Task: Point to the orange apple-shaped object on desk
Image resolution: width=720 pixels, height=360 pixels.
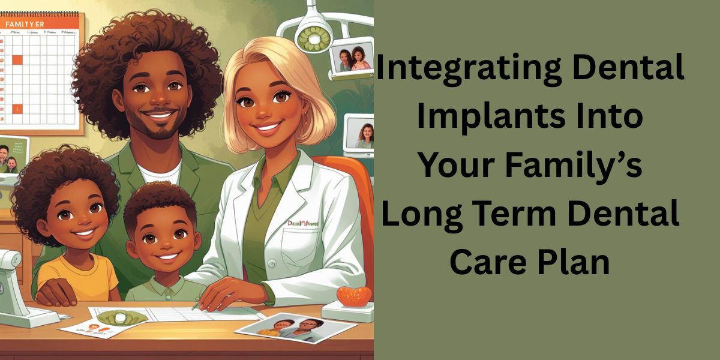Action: (x=353, y=295)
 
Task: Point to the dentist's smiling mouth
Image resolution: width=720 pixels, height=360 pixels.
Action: (x=269, y=128)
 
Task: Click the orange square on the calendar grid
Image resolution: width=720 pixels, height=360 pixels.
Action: (x=17, y=59)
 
